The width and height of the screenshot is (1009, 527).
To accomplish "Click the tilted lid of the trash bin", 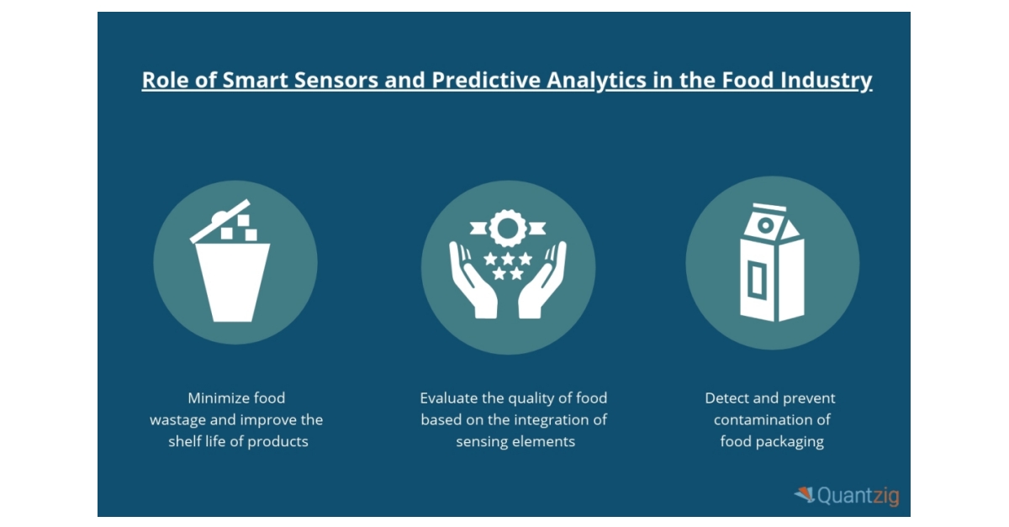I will pyautogui.click(x=220, y=221).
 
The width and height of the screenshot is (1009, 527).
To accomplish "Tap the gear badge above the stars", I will pyautogui.click(x=508, y=228).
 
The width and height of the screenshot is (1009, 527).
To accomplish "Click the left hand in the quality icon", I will pyautogui.click(x=472, y=282).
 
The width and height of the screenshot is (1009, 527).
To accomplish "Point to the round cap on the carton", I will pyautogui.click(x=765, y=224).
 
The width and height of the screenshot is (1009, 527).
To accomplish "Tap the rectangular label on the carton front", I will pyautogui.click(x=757, y=282).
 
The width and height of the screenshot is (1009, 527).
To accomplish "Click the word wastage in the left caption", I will pyautogui.click(x=179, y=419).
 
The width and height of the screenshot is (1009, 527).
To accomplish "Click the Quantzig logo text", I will pyautogui.click(x=858, y=496).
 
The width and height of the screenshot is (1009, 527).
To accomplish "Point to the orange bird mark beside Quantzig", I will pyautogui.click(x=805, y=495).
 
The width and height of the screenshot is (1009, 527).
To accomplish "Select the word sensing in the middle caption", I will pyautogui.click(x=482, y=441).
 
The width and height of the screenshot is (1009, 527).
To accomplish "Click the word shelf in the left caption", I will pyautogui.click(x=185, y=441).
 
